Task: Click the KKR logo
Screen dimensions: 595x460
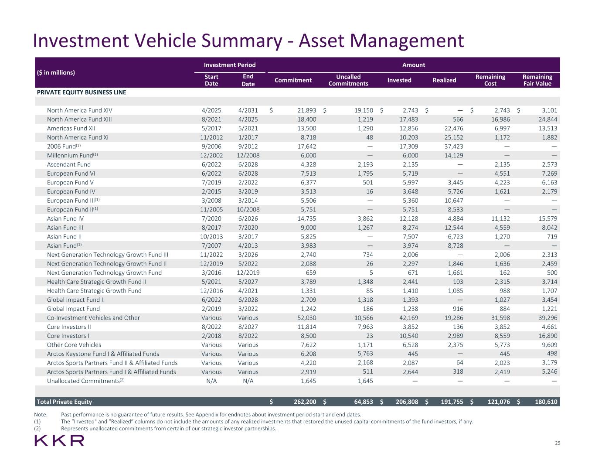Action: (59, 440)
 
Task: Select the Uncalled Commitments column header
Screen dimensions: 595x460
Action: (348, 80)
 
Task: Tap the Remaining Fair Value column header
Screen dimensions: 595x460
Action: (537, 80)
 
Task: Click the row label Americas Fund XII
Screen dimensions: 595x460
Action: (71, 129)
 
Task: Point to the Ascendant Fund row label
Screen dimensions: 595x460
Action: (69, 164)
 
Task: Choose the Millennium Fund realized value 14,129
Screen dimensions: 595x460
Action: (454, 156)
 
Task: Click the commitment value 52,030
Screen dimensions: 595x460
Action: (307, 318)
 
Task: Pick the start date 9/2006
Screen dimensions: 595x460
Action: (211, 147)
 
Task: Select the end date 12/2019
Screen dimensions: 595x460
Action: (248, 273)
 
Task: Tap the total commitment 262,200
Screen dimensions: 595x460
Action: (305, 402)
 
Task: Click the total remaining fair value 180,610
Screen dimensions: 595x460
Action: (546, 402)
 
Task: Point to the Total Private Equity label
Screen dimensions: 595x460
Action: (65, 402)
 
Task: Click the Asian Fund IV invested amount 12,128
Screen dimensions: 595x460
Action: (408, 219)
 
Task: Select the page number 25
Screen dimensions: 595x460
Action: (558, 443)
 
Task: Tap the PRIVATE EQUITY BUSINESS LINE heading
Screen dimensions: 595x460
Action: (82, 92)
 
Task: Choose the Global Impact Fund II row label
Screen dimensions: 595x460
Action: (76, 300)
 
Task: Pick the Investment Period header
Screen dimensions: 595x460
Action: (230, 65)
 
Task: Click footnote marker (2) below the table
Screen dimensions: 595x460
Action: (37, 429)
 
